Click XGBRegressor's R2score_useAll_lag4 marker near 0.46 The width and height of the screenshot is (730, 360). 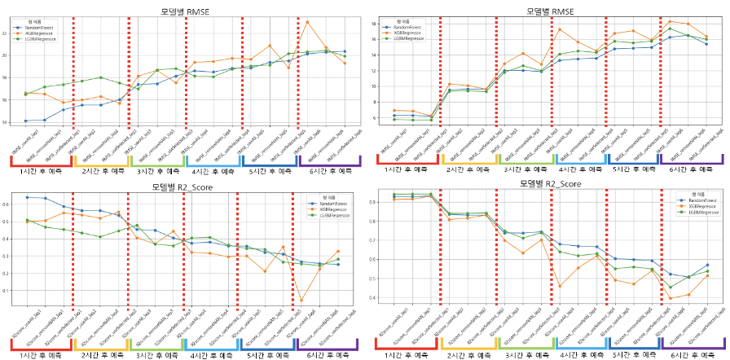pos(561,286)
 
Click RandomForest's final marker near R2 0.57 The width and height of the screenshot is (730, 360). pos(706,265)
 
